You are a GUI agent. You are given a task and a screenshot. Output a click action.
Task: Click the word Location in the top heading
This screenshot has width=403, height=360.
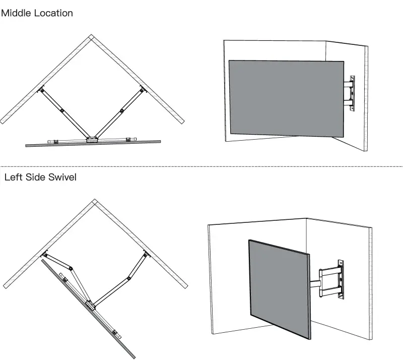[x=53, y=13]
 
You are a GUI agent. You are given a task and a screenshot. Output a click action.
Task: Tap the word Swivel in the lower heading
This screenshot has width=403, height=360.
[x=60, y=177]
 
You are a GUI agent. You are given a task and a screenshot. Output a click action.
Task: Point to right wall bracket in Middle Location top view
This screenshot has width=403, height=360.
[x=142, y=90]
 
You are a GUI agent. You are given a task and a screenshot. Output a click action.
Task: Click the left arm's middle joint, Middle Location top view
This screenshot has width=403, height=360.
[x=62, y=111]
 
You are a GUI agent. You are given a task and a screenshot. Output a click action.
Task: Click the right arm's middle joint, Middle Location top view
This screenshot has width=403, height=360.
[x=121, y=111]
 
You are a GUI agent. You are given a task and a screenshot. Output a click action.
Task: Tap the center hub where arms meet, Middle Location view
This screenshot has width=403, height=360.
[x=92, y=139]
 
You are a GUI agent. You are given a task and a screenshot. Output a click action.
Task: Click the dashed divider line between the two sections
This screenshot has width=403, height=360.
[x=201, y=166]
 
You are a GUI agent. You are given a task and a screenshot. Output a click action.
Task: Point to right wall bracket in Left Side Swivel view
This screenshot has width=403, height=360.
[x=146, y=255]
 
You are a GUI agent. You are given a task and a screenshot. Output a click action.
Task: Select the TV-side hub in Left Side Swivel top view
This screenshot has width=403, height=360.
[x=91, y=304]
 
